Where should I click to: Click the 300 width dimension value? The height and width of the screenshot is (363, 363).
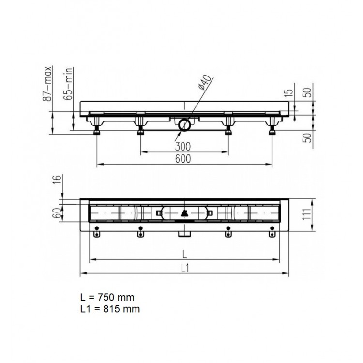(184, 146)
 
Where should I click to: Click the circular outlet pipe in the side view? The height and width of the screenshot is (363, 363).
(184, 125)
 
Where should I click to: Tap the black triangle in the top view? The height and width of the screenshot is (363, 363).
(184, 212)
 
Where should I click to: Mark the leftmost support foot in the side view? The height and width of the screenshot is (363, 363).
(97, 129)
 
